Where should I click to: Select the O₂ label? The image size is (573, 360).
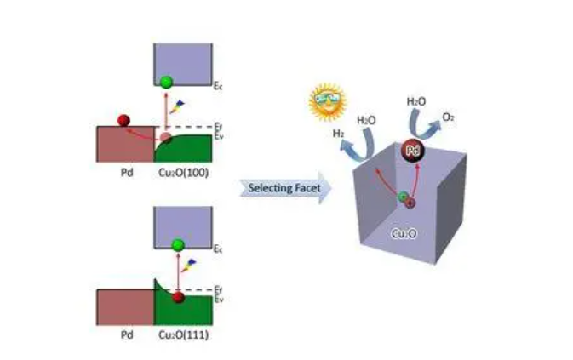448,116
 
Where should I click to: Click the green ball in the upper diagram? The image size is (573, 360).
166,82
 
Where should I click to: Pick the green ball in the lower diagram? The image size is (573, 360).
177,245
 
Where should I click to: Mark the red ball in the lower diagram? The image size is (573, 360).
177,297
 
